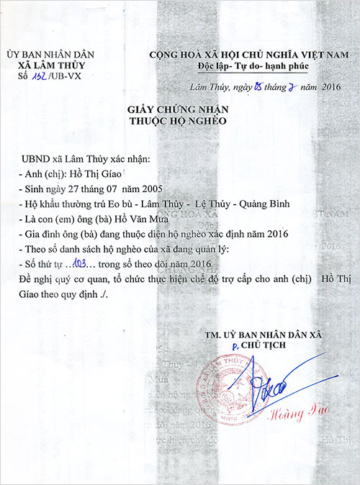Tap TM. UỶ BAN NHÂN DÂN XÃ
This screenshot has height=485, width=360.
click(x=264, y=335)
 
